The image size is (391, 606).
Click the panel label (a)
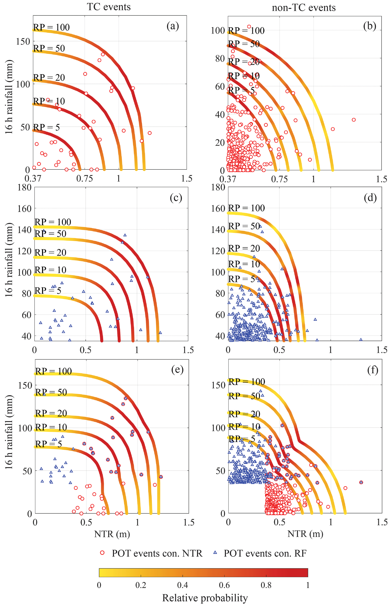tap(173, 26)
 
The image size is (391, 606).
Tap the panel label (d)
tap(370, 198)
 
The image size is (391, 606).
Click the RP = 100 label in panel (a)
tap(51, 27)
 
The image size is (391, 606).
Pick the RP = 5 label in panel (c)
tap(48, 290)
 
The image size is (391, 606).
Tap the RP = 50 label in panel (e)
tap(51, 392)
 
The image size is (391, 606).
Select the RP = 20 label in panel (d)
tap(244, 248)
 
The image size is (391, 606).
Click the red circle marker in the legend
tap(102, 553)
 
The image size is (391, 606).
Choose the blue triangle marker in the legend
tap(215, 552)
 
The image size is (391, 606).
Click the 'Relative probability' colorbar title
tap(205, 598)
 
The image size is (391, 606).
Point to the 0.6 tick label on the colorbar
tap(224, 585)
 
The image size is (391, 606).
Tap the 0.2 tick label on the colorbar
tap(141, 585)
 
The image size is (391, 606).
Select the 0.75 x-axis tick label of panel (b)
tap(279, 179)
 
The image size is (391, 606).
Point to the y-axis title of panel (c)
tap(9, 260)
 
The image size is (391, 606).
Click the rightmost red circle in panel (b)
tap(354, 120)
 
